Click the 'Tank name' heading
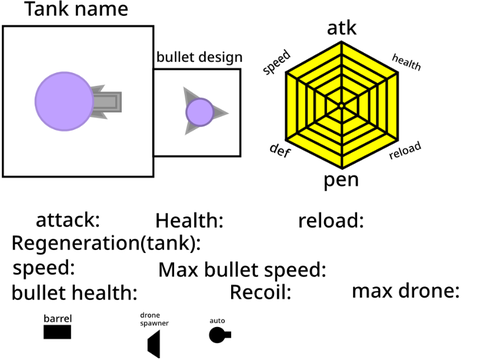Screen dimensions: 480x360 click(x=76, y=9)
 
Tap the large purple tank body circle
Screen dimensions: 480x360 click(x=64, y=101)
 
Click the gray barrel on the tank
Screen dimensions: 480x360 click(x=107, y=102)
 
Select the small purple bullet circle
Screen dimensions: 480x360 click(x=200, y=112)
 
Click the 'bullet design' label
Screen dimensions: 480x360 click(x=199, y=57)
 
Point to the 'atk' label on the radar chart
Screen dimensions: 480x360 click(x=341, y=28)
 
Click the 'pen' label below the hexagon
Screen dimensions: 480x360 click(x=341, y=180)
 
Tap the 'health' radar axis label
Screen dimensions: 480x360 click(x=406, y=62)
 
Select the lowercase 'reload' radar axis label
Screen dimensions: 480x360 click(x=405, y=150)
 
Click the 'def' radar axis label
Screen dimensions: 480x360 click(x=280, y=150)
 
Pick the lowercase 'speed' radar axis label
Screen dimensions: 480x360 click(x=277, y=62)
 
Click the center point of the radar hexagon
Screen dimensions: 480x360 click(x=341, y=106)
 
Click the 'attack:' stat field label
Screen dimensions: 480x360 click(x=68, y=220)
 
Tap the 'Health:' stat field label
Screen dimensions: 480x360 click(x=189, y=221)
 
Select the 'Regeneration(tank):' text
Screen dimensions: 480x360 click(x=106, y=243)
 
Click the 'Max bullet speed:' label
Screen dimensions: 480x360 click(x=242, y=270)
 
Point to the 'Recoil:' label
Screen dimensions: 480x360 click(x=261, y=292)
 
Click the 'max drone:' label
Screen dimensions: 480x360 click(x=406, y=291)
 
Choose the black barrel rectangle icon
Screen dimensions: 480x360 click(x=57, y=332)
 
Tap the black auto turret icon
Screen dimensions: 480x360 click(x=219, y=335)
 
